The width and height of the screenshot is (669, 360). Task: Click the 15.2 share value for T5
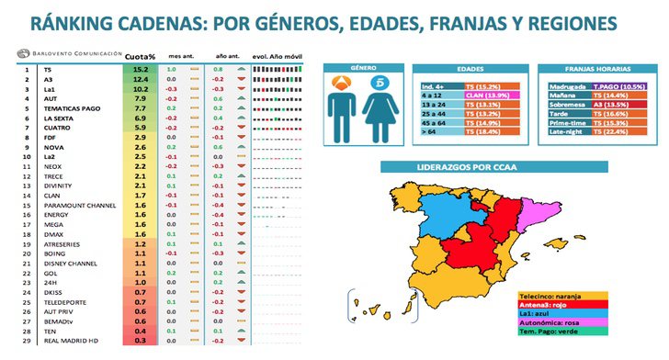click(141, 69)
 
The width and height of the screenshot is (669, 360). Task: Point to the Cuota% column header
click(140, 57)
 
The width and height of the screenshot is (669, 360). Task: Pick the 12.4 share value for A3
click(141, 79)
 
